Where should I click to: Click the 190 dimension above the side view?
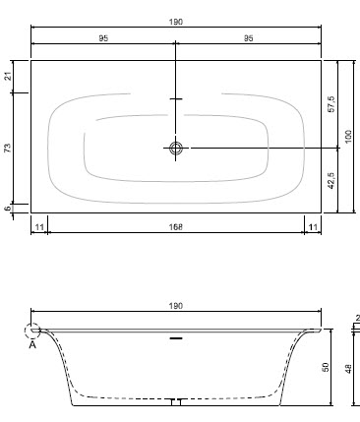coord(176,307)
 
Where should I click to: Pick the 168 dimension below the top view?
coord(176,227)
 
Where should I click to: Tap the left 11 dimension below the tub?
coord(38,227)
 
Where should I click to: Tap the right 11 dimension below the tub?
coord(313,227)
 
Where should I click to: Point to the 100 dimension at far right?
coord(347,135)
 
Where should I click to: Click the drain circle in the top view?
coord(176,149)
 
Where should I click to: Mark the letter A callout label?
coord(32,344)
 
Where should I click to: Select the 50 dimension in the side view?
coord(326,367)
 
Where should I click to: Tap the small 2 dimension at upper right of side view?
coord(355,320)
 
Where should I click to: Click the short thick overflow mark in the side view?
coord(176,337)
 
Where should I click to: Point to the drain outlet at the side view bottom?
coord(176,401)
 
